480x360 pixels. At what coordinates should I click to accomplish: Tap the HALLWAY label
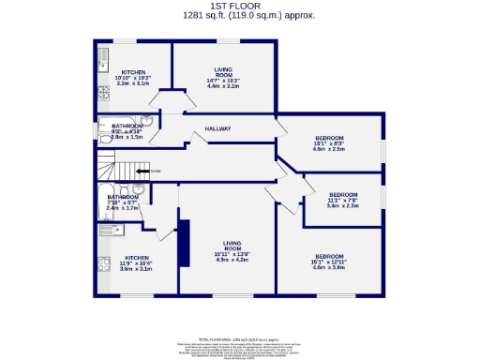(217, 129)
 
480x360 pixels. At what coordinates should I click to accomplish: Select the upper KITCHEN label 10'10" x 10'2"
(133, 76)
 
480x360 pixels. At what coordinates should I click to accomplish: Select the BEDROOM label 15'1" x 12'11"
(329, 262)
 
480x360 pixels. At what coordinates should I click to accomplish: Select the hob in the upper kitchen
(102, 94)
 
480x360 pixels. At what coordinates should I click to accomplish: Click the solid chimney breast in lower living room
(185, 244)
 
